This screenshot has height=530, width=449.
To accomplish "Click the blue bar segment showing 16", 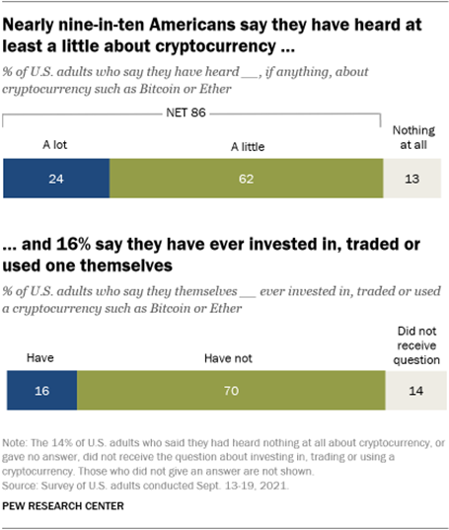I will (40, 390).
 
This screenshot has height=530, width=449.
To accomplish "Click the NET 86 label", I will (193, 114).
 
